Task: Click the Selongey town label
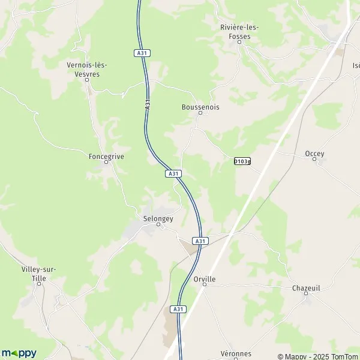(158, 218)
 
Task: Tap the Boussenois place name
(200, 107)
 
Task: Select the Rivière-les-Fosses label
(239, 32)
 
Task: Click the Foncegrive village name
(106, 156)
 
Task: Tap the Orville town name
(205, 279)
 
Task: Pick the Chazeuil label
(306, 288)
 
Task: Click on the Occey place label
(314, 154)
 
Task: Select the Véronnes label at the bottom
(235, 353)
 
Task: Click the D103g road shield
(242, 161)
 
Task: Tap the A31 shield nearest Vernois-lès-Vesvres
(142, 53)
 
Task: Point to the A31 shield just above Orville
(201, 241)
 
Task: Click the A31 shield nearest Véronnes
(177, 309)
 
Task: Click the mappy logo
(19, 353)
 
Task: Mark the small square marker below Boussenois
(200, 113)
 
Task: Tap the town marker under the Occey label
(314, 160)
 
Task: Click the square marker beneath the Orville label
(204, 285)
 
